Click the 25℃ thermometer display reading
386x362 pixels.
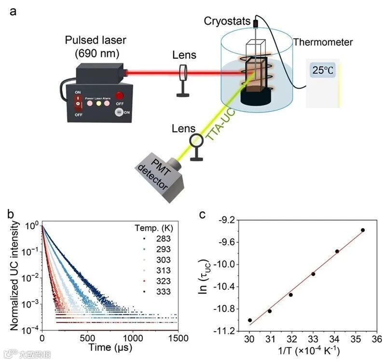click(322, 70)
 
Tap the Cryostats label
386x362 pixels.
click(227, 21)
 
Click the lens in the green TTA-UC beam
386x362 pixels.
click(196, 140)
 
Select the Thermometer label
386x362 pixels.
click(323, 42)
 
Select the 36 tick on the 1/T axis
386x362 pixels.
click(379, 340)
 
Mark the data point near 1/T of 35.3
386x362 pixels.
click(362, 230)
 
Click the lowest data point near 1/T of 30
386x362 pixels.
click(249, 320)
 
